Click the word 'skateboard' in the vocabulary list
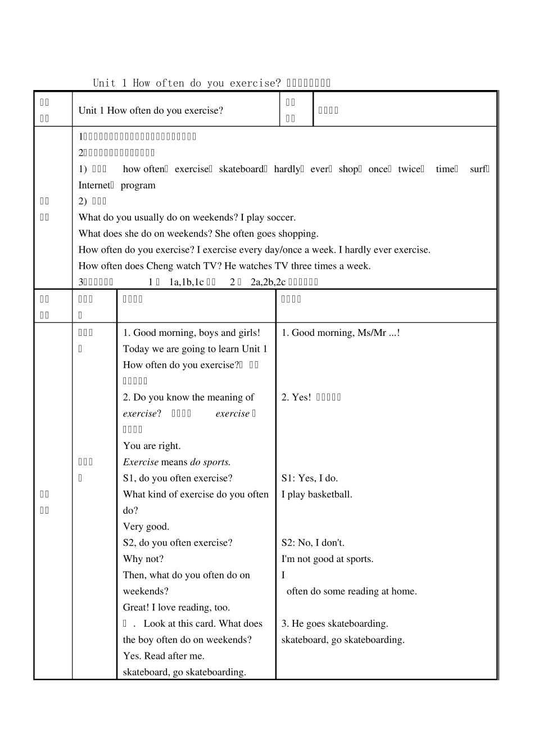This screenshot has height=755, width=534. point(241,169)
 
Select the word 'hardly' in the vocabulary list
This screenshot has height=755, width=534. point(287,169)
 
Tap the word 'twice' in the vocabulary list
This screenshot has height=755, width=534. point(409,169)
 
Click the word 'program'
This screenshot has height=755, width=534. point(138,186)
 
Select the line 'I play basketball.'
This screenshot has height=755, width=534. point(316,495)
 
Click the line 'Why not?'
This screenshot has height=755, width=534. point(143,559)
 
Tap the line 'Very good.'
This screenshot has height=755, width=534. point(146,527)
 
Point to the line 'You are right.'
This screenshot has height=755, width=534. point(152,446)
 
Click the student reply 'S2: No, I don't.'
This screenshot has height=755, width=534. point(313,543)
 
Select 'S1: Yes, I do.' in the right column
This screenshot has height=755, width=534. point(309,479)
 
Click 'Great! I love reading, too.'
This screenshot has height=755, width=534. point(176,608)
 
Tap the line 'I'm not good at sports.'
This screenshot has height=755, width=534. point(327,559)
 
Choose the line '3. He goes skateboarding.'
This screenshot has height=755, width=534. point(334,624)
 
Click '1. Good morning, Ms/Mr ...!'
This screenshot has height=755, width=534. point(340,333)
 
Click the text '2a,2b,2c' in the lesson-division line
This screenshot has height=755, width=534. point(268,282)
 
